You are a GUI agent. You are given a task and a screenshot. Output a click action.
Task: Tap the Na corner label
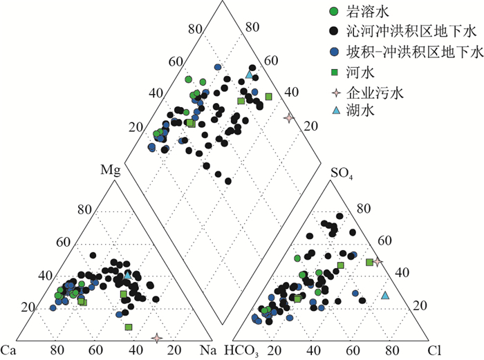[206, 349]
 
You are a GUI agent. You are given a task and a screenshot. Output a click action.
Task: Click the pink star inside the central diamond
[289, 118]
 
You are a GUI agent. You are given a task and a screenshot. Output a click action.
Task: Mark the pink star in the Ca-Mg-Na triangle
[158, 338]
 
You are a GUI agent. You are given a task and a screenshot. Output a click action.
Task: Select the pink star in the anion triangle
[378, 261]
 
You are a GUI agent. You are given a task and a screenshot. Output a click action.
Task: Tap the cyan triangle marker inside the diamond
[249, 74]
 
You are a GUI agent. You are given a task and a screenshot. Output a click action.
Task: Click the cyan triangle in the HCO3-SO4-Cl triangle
[385, 296]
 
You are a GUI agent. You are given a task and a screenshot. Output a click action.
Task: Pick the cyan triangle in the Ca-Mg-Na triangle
[127, 275]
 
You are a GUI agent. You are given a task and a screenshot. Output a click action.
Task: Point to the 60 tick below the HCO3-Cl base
[353, 350]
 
